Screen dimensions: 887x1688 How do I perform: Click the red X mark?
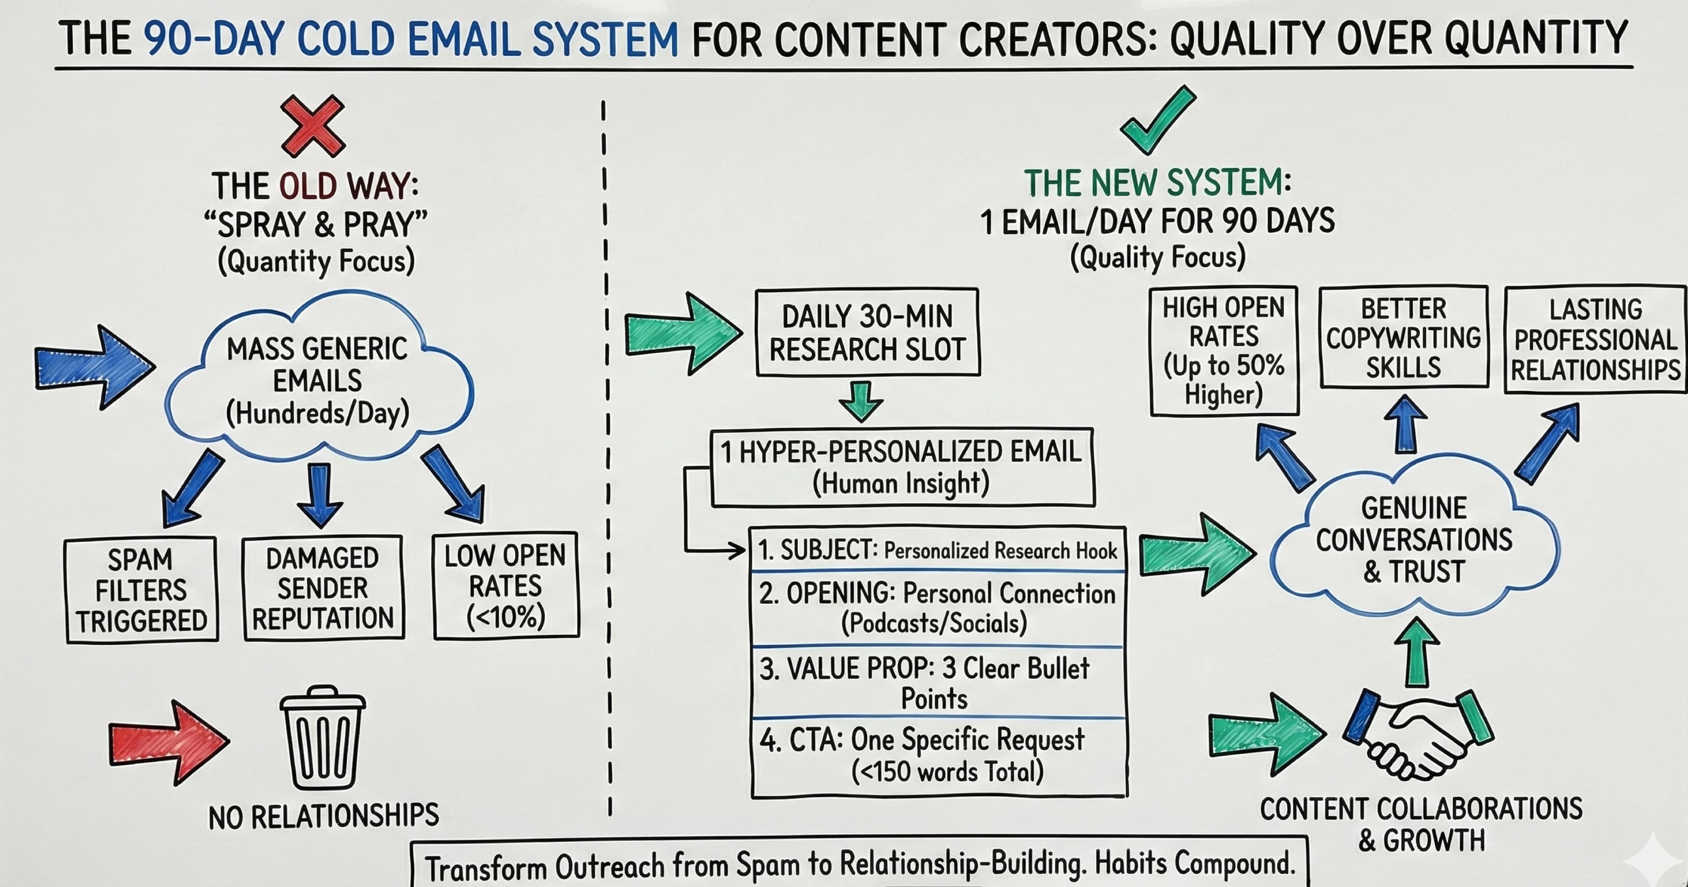pos(313,126)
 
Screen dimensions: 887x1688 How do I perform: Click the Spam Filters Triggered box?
pos(141,590)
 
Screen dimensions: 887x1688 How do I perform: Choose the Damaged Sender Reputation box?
pos(323,588)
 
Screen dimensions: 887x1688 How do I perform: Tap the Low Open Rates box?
pos(505,585)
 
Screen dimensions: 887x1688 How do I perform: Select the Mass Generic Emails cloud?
pos(318,380)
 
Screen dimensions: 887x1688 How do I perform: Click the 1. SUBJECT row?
pos(937,550)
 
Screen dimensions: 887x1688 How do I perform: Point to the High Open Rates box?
pos(1223,351)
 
